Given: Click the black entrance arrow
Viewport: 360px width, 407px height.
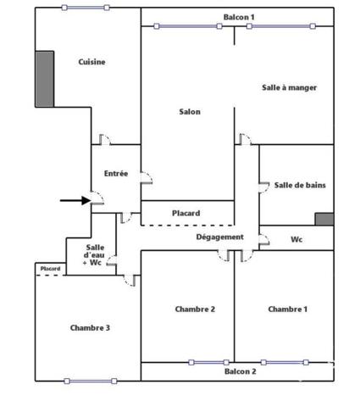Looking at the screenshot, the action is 75,200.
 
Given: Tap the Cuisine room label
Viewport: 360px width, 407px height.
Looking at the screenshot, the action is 91,62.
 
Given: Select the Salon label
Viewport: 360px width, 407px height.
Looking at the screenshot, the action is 190,112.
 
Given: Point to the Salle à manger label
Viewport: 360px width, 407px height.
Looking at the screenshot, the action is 289,87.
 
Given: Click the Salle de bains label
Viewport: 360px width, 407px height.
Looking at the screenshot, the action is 300,185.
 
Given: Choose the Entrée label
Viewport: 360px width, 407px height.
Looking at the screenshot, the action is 116,173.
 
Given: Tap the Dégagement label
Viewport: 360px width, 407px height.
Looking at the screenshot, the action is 219,237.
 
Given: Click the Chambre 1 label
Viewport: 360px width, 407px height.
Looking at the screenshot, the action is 287,309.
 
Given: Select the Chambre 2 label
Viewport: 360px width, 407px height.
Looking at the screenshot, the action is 195,309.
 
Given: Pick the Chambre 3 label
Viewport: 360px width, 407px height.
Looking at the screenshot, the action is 90,327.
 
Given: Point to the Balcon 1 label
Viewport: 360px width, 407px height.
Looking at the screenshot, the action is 239,17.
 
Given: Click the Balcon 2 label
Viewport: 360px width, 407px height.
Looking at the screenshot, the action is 241,371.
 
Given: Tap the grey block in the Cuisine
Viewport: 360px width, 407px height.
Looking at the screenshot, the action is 45,79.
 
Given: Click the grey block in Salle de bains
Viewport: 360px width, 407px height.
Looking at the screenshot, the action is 324,219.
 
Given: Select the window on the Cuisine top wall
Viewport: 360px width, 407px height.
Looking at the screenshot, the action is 86,8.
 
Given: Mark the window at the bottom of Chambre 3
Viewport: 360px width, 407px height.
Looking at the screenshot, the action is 91,381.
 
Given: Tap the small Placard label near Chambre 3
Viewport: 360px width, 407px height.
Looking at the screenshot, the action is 50,269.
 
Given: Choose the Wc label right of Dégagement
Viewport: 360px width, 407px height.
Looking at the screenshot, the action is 296,239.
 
